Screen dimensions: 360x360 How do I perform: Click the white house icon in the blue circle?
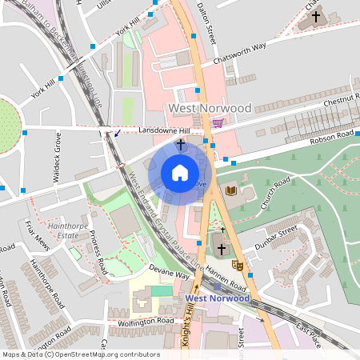coord(180,173)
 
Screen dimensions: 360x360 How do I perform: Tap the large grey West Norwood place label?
coord(210,108)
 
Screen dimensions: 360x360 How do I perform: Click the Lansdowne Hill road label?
coord(165,130)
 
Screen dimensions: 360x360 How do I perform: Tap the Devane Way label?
coord(171,274)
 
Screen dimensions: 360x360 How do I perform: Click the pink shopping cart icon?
coord(218,123)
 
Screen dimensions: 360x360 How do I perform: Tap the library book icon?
coord(231,190)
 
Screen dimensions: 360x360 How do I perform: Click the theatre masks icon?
coord(237,263)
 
